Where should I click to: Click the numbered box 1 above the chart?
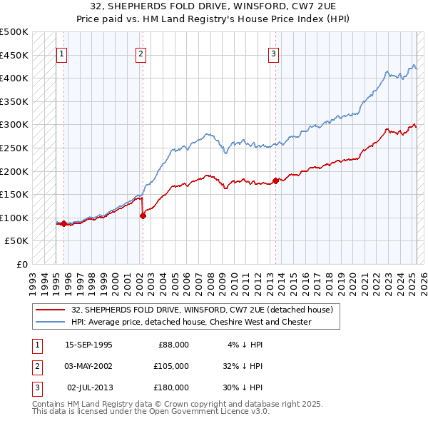tap(61, 53)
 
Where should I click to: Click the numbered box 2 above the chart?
tap(141, 53)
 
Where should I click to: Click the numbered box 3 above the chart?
tap(274, 53)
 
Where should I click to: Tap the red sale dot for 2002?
tap(143, 215)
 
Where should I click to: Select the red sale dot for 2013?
tap(275, 181)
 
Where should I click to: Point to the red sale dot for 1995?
tap(63, 223)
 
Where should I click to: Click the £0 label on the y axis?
tap(21, 264)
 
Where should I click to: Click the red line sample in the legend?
tap(51, 310)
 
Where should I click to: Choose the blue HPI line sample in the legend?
tap(51, 322)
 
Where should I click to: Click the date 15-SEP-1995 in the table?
tap(88, 345)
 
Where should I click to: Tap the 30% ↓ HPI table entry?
tap(243, 387)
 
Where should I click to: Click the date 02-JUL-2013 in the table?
tap(90, 387)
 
